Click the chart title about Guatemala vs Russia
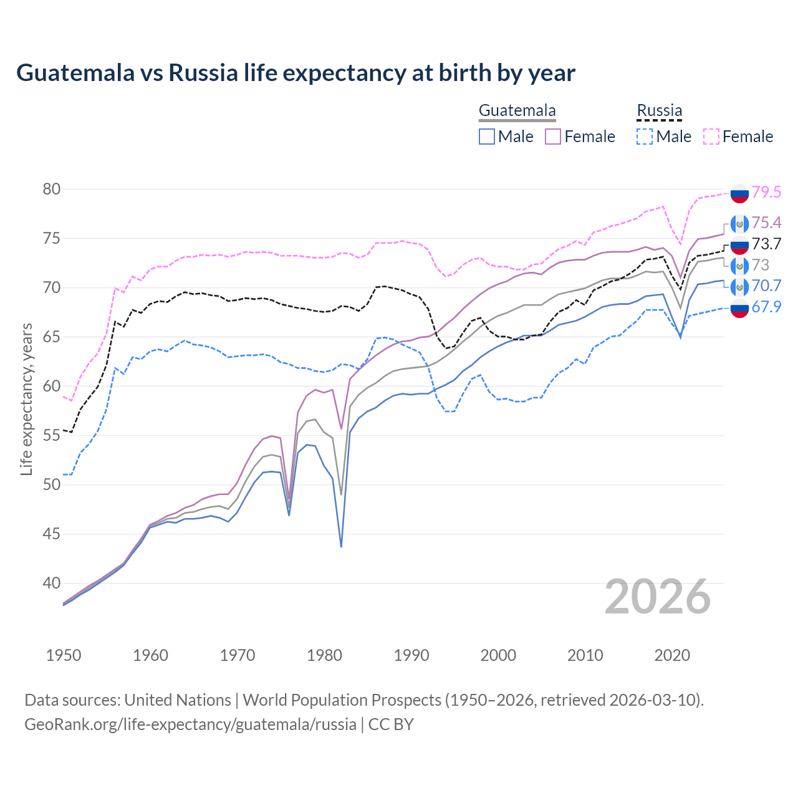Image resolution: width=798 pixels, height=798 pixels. (296, 73)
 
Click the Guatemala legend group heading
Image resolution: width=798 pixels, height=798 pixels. (517, 111)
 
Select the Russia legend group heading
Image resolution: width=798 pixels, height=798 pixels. (659, 111)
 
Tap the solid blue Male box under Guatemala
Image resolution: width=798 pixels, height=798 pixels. (487, 137)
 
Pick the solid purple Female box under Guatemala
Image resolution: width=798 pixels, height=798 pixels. (553, 137)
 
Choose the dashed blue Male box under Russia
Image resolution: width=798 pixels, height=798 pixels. (645, 137)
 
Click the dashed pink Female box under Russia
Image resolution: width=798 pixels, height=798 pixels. (711, 137)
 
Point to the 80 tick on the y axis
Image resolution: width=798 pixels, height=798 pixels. (52, 189)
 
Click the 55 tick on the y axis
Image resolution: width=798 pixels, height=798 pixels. (52, 435)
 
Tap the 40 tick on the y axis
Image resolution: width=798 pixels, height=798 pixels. (52, 583)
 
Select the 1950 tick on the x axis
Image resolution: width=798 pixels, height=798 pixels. (64, 655)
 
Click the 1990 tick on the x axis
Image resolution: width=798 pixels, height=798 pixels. (411, 655)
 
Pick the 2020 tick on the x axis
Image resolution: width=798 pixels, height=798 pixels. (672, 655)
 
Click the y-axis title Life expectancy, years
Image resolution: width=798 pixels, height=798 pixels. (26, 399)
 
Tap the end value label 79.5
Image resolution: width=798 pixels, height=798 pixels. (766, 192)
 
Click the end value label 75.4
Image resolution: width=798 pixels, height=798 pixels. (766, 223)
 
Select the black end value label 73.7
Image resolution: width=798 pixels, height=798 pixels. (766, 244)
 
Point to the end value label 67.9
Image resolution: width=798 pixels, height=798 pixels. (766, 307)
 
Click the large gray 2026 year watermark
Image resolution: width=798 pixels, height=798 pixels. (658, 597)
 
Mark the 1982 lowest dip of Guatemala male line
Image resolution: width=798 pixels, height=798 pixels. (341, 546)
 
